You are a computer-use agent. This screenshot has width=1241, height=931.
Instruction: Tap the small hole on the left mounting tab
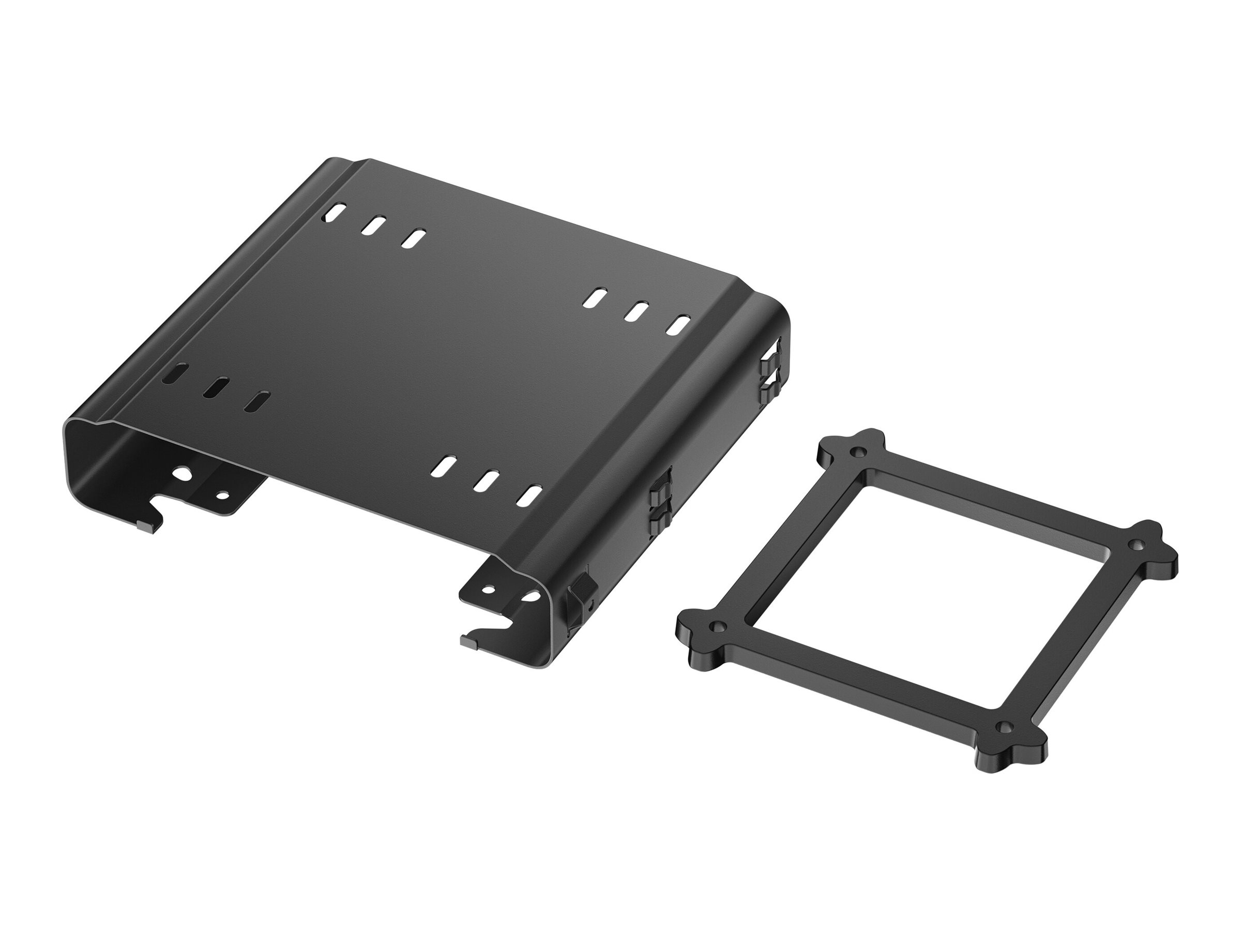click(x=222, y=495)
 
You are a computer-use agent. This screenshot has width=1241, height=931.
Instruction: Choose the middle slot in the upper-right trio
click(x=637, y=312)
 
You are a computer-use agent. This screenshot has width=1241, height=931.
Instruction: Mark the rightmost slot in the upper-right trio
click(x=678, y=326)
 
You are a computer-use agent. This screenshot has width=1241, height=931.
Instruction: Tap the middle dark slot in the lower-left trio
click(x=216, y=388)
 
